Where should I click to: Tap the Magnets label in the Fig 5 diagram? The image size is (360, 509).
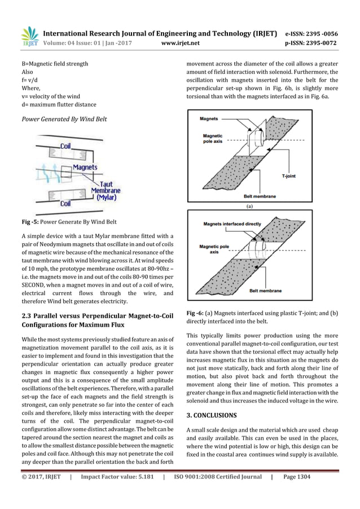pyautogui.click(x=84, y=168)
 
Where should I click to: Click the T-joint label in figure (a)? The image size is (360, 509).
pyautogui.click(x=291, y=177)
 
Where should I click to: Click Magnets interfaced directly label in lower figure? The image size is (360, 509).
pyautogui.click(x=232, y=223)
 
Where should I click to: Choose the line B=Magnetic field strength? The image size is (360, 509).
pyautogui.click(x=51, y=64)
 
